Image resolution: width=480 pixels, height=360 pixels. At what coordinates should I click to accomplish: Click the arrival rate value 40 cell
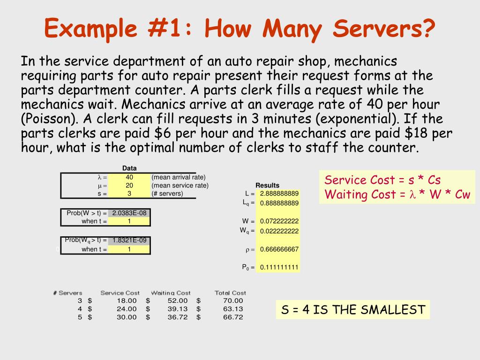129,177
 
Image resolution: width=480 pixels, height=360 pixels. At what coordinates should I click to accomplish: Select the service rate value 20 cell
129,185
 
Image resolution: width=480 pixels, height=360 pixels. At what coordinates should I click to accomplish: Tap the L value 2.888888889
279,193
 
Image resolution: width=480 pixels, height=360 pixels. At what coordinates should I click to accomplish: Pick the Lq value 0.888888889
279,203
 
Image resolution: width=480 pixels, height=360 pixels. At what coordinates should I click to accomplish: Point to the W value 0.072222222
279,221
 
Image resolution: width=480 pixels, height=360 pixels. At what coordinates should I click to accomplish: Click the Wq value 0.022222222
279,231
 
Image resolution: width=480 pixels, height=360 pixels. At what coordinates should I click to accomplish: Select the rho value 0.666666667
279,249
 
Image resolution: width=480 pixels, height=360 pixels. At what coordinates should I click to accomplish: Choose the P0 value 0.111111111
279,267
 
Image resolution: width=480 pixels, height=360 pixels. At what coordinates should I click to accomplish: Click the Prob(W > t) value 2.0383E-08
129,213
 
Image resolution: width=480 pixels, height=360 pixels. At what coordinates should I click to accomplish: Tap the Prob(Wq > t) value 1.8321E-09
129,240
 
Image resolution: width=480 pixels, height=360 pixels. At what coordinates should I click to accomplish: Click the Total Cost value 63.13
233,308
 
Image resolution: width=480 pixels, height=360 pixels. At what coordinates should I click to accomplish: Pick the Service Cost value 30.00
127,317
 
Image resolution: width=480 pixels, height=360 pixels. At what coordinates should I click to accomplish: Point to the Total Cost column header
230,292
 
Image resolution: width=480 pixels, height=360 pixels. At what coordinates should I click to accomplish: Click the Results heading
267,185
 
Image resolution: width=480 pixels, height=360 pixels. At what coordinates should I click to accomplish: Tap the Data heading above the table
129,168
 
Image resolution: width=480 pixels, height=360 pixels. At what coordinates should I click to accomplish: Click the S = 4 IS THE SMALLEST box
353,309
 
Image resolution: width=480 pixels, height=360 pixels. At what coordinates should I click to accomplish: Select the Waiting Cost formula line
397,195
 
